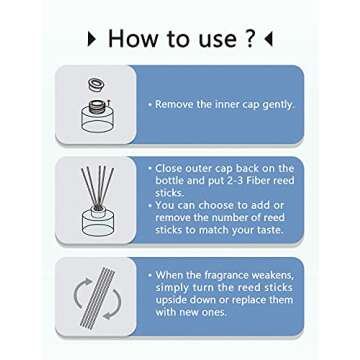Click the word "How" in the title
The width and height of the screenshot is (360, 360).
pos(131,38)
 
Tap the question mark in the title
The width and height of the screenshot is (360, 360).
pos(250,38)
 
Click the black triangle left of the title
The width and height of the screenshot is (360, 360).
pos(92,39)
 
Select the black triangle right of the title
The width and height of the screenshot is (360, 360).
pos(269,39)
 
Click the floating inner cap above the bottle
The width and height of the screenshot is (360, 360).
pos(96,84)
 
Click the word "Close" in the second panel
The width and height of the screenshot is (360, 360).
pos(169,168)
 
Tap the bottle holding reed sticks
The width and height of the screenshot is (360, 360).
pos(98,221)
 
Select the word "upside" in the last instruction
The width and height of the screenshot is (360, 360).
pos(171,300)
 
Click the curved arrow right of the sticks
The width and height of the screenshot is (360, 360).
pos(112,304)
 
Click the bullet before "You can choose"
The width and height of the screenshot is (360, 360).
pos(151,205)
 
